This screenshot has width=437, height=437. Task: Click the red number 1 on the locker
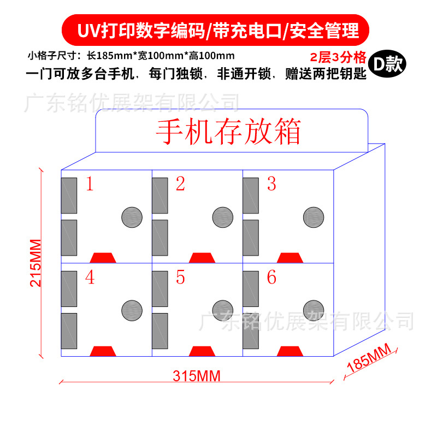(x=90, y=185)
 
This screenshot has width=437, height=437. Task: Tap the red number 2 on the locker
(x=180, y=185)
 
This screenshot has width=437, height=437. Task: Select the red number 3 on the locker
(x=271, y=185)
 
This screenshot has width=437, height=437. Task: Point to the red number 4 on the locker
(x=90, y=278)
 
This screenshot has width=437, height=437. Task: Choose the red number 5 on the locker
(x=180, y=278)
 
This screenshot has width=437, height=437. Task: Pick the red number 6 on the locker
(x=271, y=278)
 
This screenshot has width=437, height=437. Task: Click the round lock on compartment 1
(x=132, y=217)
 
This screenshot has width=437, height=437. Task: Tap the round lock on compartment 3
(x=314, y=217)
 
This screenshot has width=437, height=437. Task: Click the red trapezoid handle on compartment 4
(x=103, y=351)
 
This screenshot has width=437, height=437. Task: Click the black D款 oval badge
(x=386, y=64)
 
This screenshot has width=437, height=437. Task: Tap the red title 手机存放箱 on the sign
(x=228, y=132)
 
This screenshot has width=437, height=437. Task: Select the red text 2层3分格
(x=336, y=57)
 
